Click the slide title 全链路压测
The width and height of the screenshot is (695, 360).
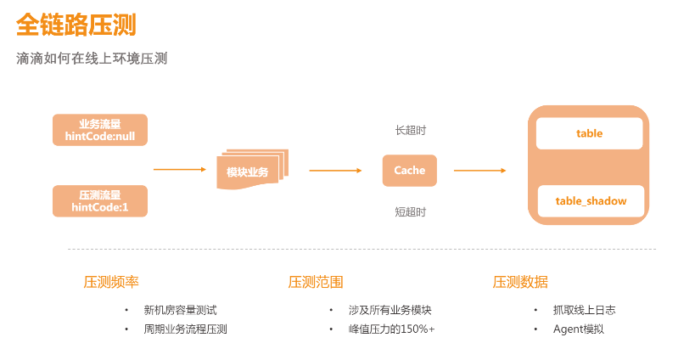[x=76, y=25]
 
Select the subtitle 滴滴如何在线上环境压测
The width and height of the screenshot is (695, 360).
[x=92, y=59]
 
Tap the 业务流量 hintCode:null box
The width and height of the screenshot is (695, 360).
[x=99, y=130]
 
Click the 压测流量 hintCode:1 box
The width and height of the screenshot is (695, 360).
[x=99, y=201]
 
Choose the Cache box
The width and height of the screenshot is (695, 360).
[x=409, y=170]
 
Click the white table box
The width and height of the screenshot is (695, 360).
[x=589, y=133]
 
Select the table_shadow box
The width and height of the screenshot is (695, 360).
[x=591, y=201]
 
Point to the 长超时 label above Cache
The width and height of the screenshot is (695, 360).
[x=410, y=131]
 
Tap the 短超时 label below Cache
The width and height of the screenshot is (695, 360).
[x=410, y=211]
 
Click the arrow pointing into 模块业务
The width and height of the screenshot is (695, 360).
[x=180, y=170]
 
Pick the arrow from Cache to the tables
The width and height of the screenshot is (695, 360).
[x=480, y=170]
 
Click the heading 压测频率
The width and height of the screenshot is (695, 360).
[x=110, y=282]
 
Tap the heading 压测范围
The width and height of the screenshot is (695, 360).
[x=315, y=282]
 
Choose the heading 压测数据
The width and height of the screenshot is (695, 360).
[x=520, y=282]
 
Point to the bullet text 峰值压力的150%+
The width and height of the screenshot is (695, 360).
[x=391, y=329]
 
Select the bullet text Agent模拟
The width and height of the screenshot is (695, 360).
[x=578, y=329]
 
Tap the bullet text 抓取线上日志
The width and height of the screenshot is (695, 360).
[x=584, y=310]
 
